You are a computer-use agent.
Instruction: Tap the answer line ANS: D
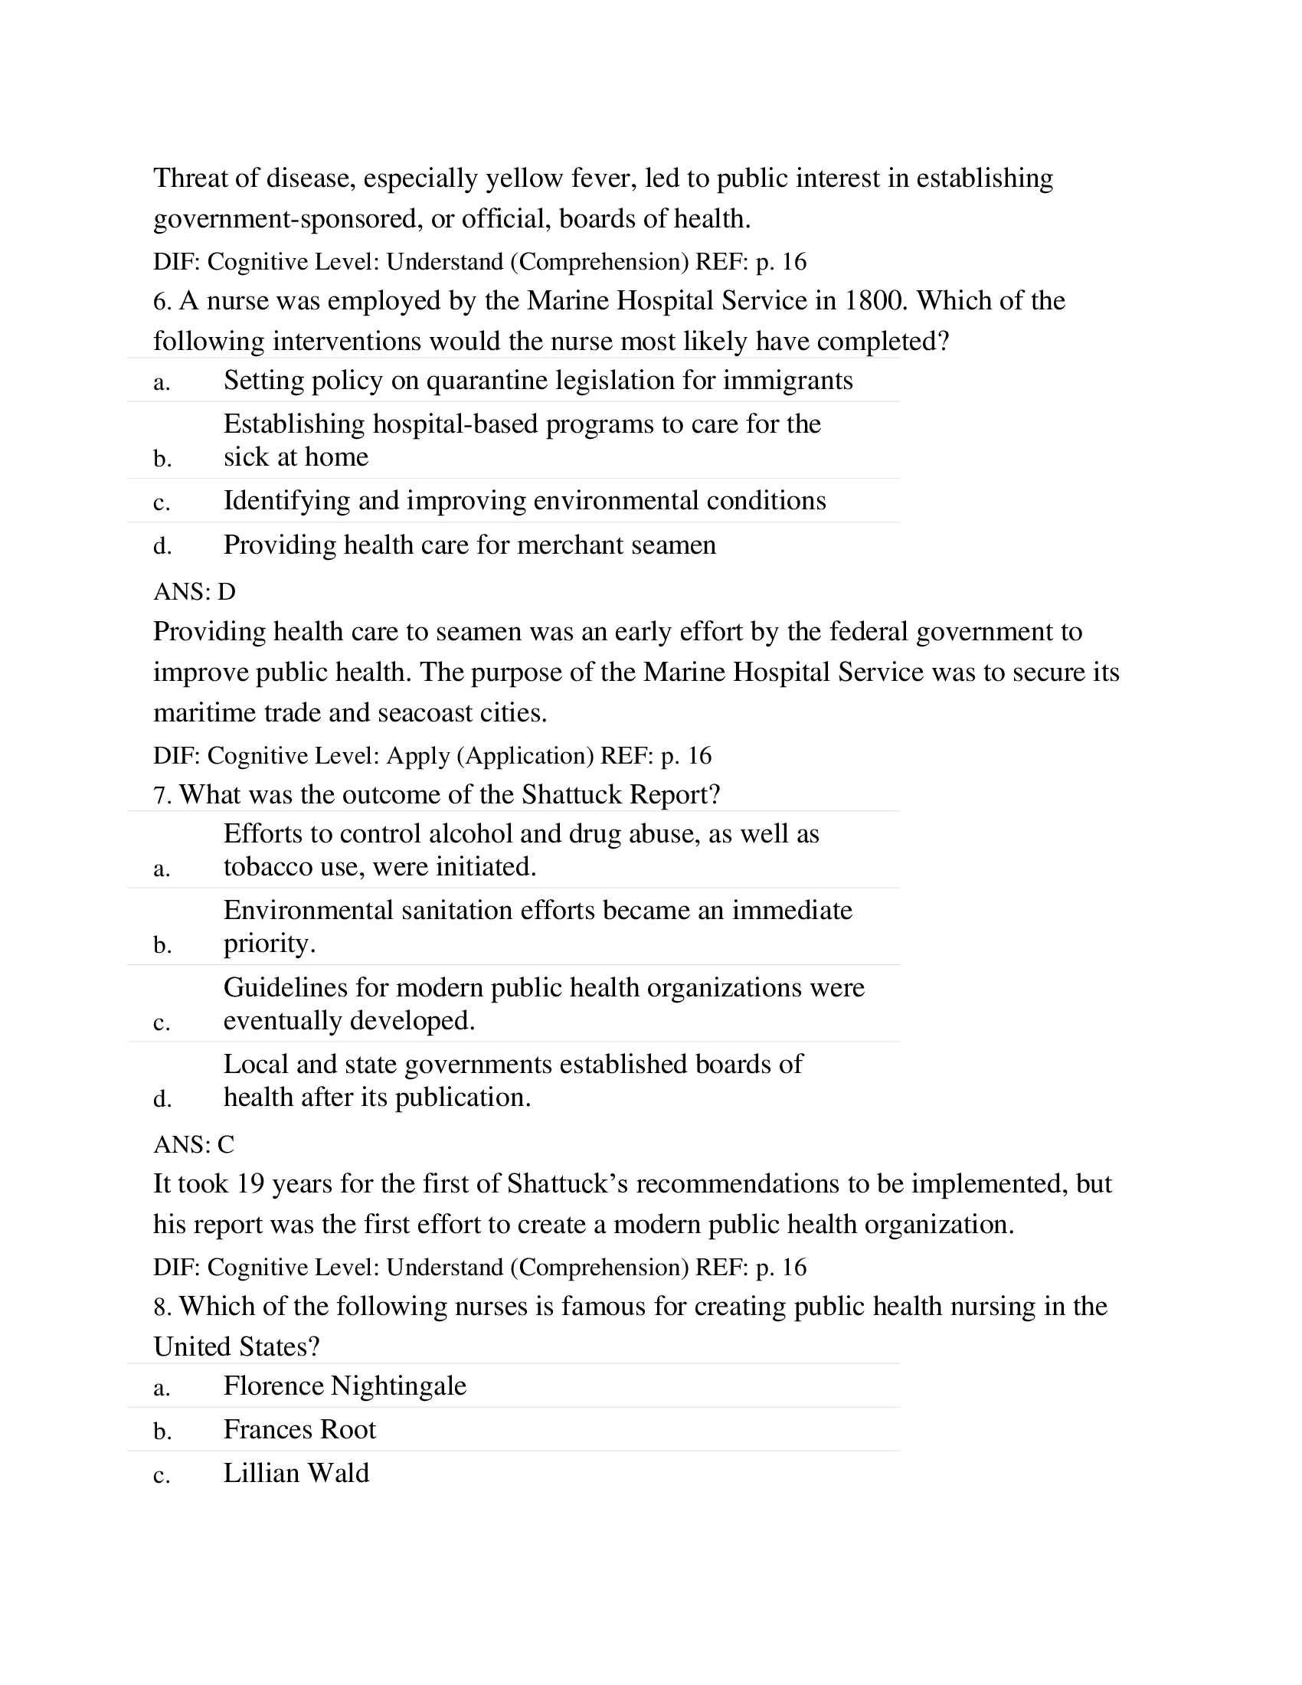point(195,592)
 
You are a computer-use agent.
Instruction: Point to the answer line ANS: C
point(194,1144)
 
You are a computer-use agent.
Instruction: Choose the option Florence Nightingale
point(345,1386)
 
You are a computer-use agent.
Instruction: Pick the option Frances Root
point(299,1430)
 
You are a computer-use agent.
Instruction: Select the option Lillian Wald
point(296,1474)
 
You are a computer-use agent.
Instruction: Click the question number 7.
point(162,795)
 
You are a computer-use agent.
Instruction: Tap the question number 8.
point(162,1307)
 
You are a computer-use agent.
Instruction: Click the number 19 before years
point(250,1184)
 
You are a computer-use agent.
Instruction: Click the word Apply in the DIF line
point(418,755)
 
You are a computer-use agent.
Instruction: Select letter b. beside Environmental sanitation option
point(162,945)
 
